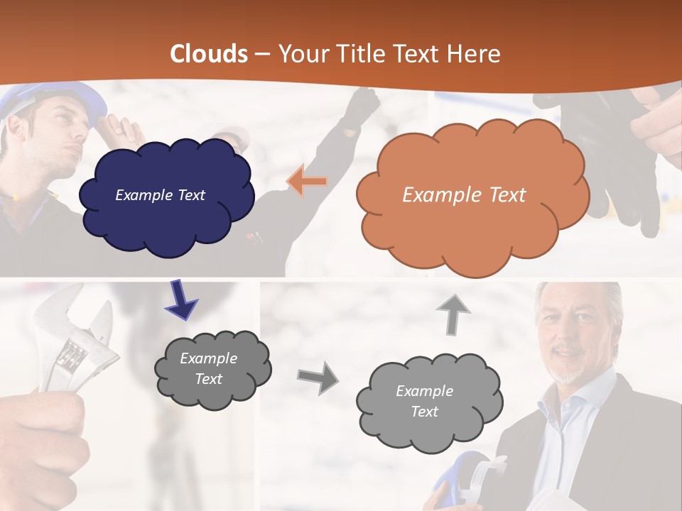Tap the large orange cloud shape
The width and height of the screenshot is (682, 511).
pos(472,227)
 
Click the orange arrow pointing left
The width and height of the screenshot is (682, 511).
pos(308,182)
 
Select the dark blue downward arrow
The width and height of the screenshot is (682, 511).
pos(180,300)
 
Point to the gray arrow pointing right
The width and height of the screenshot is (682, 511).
pos(318,377)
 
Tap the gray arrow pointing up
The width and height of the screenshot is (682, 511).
pos(453,314)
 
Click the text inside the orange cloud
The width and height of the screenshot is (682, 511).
pos(464,194)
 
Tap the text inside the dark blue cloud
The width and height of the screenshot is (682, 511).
pos(160,195)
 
